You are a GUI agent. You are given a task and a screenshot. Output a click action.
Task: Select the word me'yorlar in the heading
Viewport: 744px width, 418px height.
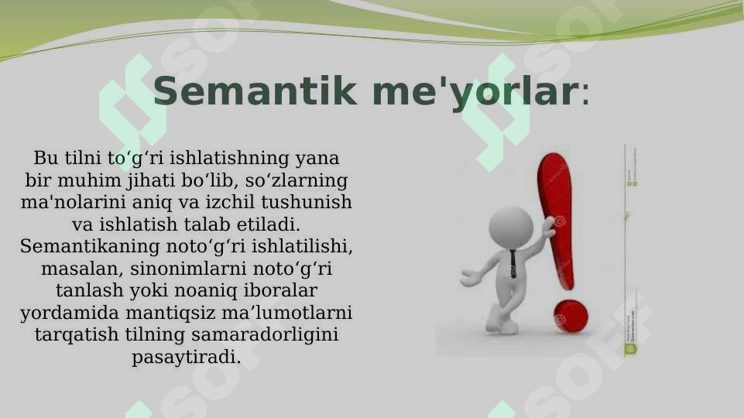474,92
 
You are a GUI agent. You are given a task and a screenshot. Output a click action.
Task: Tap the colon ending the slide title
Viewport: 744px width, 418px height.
585,95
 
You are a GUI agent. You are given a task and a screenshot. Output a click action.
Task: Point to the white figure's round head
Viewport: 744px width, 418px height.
510,227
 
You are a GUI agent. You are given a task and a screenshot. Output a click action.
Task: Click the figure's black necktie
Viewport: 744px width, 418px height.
513,263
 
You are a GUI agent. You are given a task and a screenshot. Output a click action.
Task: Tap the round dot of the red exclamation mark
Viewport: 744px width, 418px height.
571,315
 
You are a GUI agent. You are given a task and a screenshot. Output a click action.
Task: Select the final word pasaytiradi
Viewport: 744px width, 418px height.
186,358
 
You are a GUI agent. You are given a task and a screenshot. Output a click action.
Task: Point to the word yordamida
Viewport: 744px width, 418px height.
63,313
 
